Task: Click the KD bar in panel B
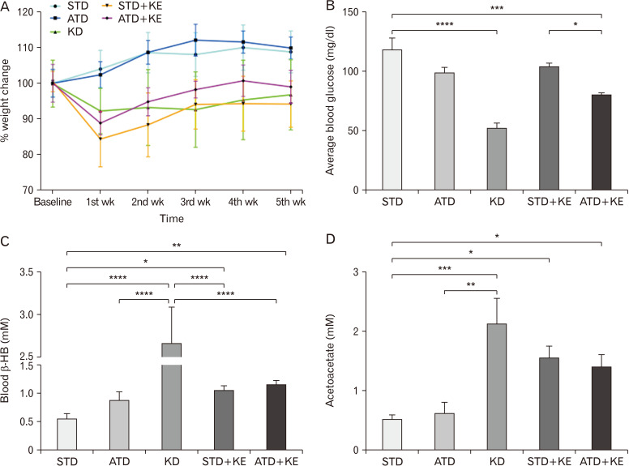click(496, 159)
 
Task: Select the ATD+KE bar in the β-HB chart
click(276, 417)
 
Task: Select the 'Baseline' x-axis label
click(55, 201)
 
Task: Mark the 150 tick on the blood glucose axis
click(351, 12)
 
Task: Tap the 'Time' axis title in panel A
click(170, 218)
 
